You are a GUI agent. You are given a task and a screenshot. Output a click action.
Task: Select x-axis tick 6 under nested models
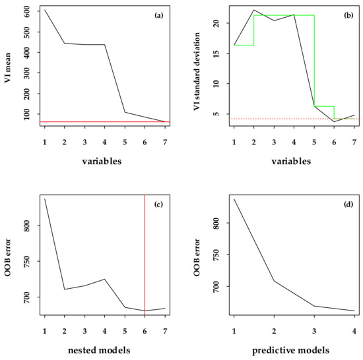[145, 328]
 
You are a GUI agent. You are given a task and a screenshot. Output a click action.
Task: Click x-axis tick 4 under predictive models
[354, 328]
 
